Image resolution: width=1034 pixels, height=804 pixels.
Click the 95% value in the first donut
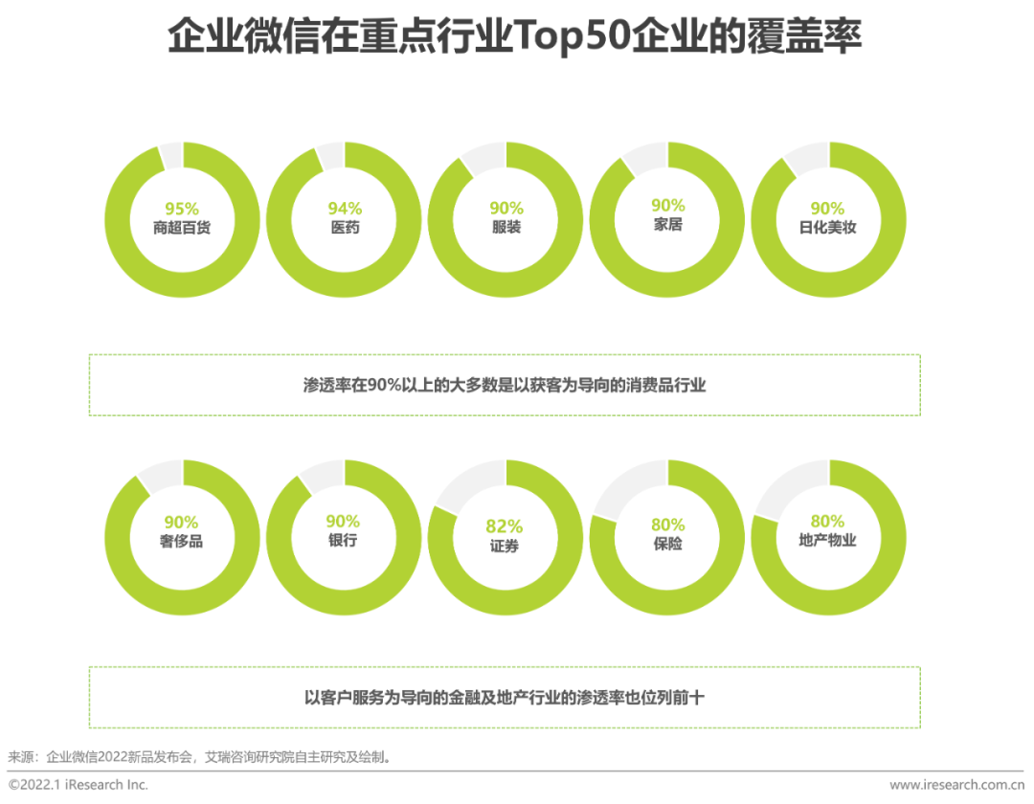click(182, 209)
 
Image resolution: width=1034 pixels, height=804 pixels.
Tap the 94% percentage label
click(344, 209)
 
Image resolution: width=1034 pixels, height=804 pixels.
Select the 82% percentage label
click(505, 526)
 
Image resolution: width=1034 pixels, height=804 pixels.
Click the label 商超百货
click(182, 229)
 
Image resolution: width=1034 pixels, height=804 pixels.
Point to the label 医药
click(344, 229)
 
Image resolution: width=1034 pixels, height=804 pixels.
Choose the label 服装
click(506, 229)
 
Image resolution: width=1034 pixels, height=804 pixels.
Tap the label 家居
click(667, 226)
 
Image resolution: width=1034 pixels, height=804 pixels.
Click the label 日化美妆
click(828, 229)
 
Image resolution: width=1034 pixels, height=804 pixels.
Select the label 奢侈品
click(182, 542)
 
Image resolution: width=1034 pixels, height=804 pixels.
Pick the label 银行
click(343, 541)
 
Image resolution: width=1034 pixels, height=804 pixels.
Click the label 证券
click(505, 547)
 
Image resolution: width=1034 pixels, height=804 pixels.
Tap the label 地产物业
click(828, 541)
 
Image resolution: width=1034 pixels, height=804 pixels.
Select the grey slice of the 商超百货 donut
click(171, 154)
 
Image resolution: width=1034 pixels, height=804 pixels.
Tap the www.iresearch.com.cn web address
click(956, 785)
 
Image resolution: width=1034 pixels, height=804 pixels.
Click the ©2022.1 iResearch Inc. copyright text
click(79, 785)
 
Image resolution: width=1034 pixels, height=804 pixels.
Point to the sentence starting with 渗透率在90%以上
click(505, 385)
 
